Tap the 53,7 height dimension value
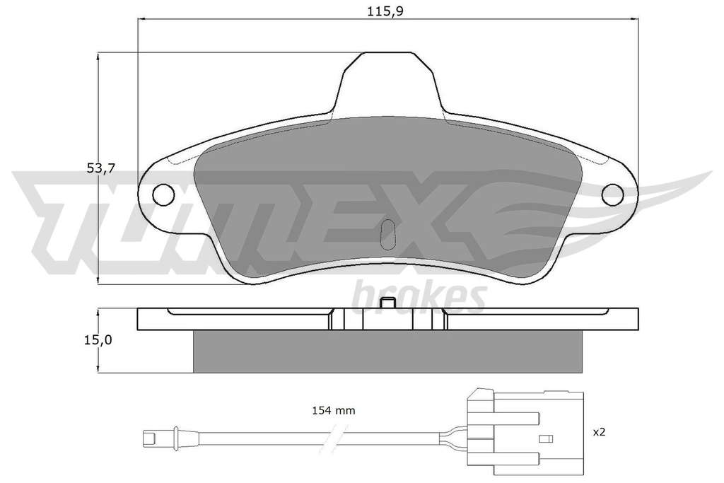click(x=100, y=168)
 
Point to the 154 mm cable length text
click(x=334, y=410)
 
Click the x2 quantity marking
click(x=599, y=432)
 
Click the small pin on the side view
click(x=388, y=303)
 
